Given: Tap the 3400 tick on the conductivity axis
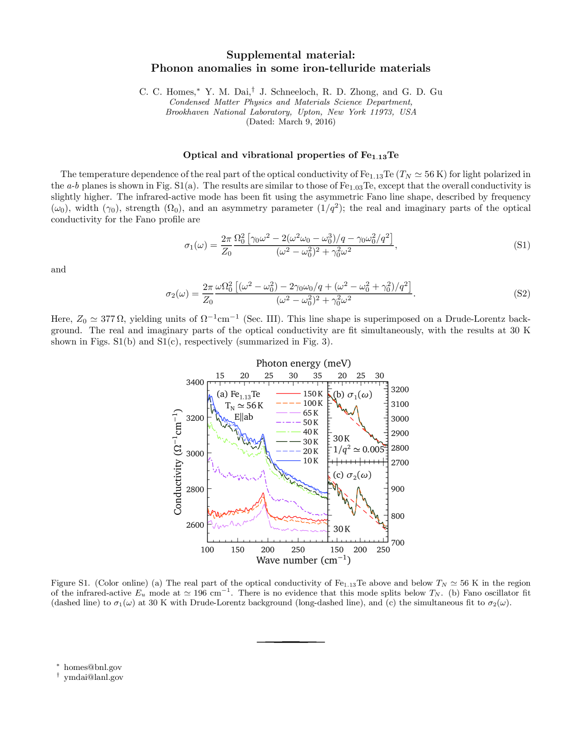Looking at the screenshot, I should tap(195, 382).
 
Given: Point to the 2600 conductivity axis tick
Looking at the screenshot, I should tap(195, 525).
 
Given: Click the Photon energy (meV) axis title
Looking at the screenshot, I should tap(303, 363).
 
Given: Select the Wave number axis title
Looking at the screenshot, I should tap(303, 560).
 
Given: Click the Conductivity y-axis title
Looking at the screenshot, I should tap(178, 462).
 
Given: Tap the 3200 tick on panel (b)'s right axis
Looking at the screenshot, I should tap(400, 389).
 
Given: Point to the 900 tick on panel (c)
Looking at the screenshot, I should tap(398, 489).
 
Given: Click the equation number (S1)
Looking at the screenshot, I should tap(522, 245).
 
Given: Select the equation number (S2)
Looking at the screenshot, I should tap(522, 293).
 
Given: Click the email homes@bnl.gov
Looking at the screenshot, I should tap(92, 667).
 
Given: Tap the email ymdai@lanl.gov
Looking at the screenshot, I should tap(93, 677).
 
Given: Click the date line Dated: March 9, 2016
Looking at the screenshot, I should tap(291, 122).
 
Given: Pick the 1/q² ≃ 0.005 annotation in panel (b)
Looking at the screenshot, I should tap(358, 450).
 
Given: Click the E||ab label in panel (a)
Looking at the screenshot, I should tap(244, 417).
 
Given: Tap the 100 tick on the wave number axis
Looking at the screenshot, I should tap(207, 550).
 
